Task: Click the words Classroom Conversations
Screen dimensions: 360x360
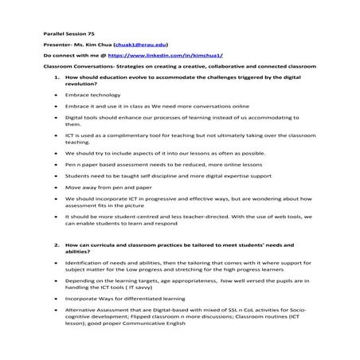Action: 74,68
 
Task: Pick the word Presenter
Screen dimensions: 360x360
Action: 58,46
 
